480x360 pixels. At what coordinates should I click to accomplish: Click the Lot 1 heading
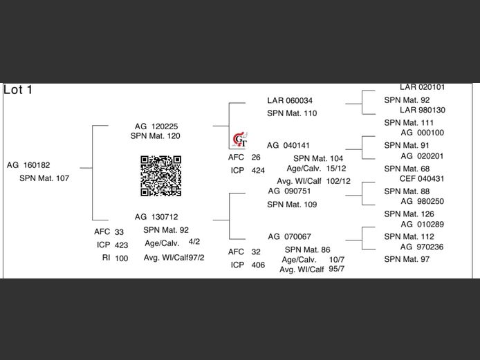[x=18, y=90]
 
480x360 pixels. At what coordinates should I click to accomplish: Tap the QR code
[x=161, y=176]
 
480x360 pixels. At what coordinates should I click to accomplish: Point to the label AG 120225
[x=156, y=126]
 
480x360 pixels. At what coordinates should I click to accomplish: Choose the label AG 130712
[x=156, y=217]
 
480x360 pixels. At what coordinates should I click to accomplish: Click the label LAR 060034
[x=290, y=101]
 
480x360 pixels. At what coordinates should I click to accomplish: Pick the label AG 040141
[x=288, y=146]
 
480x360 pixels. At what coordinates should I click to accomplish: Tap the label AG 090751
[x=289, y=191]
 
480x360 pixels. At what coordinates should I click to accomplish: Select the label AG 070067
[x=289, y=236]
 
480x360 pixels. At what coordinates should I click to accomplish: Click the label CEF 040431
[x=422, y=179]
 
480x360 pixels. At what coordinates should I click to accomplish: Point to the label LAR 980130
[x=422, y=111]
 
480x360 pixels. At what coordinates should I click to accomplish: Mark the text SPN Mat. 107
[x=44, y=178]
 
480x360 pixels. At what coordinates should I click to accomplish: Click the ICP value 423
[x=121, y=245]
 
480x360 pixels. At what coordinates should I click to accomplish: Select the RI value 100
[x=121, y=258]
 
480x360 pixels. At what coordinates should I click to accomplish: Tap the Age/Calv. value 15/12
[x=336, y=169]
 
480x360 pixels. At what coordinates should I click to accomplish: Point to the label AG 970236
[x=422, y=247]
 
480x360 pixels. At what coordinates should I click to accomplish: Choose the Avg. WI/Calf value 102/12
[x=339, y=181]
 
